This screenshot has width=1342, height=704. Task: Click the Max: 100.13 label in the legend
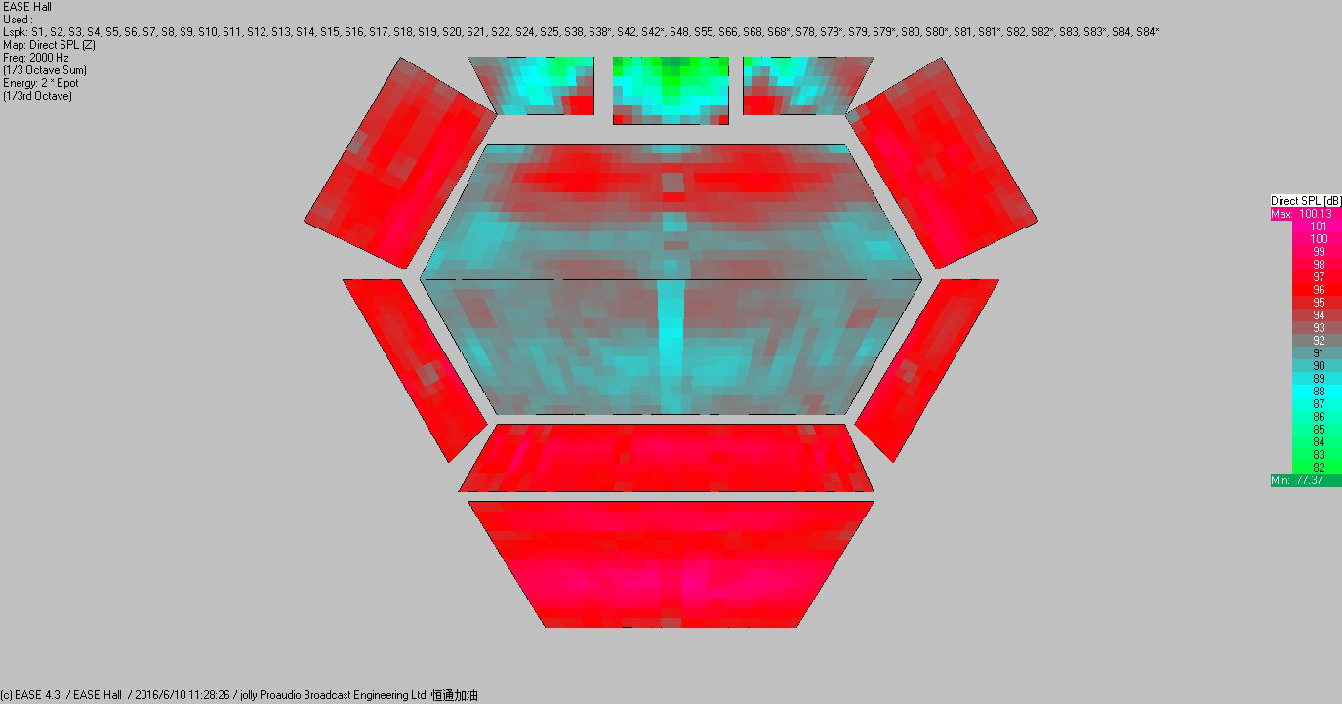click(x=1301, y=214)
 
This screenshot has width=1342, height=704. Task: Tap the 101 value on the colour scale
click(x=1318, y=227)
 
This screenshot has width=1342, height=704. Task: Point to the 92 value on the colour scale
click(x=1319, y=341)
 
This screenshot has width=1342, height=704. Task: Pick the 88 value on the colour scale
click(x=1319, y=392)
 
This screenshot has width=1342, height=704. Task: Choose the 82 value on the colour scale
click(x=1319, y=468)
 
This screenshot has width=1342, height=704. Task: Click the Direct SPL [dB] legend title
click(x=1306, y=201)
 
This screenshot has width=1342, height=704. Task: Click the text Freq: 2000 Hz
click(x=36, y=58)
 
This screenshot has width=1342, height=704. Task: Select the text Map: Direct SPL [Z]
click(x=49, y=45)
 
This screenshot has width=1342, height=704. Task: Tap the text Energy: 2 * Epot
click(x=41, y=83)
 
